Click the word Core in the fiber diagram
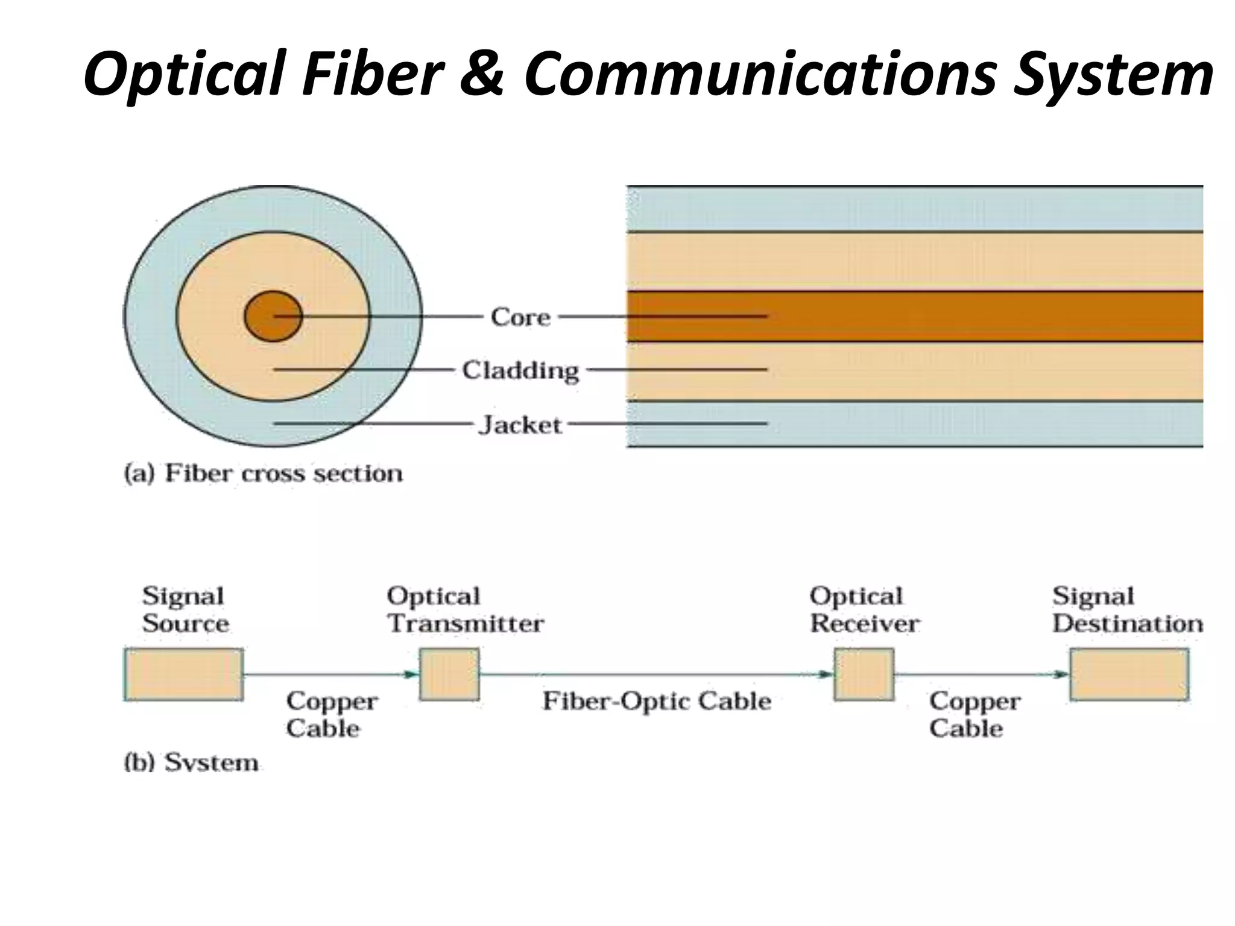click(520, 317)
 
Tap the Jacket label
click(520, 425)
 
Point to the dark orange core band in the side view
click(965, 317)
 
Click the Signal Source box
click(184, 674)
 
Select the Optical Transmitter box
click(449, 674)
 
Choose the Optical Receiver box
click(864, 674)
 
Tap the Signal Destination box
click(1129, 674)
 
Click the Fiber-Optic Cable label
click(657, 701)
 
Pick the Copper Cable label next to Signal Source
click(332, 714)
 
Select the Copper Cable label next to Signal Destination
click(974, 714)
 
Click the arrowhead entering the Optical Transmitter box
click(412, 674)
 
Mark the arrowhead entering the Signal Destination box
click(1062, 674)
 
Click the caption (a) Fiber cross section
click(264, 473)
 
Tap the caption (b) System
click(191, 763)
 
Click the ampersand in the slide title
click(482, 74)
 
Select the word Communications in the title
click(760, 74)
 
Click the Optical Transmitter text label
click(465, 609)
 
